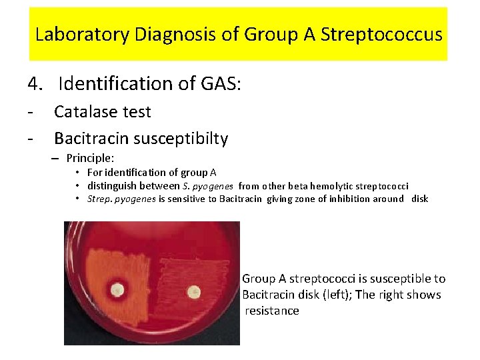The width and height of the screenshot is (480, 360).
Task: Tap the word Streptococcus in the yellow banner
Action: click(381, 34)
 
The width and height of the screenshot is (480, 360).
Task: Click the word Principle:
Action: click(91, 159)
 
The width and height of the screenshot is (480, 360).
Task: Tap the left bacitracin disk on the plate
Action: click(119, 290)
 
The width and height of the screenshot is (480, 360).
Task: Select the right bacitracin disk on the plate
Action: click(194, 291)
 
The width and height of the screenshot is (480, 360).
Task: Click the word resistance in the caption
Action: click(273, 311)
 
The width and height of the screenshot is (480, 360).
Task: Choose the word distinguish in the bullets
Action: click(113, 186)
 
